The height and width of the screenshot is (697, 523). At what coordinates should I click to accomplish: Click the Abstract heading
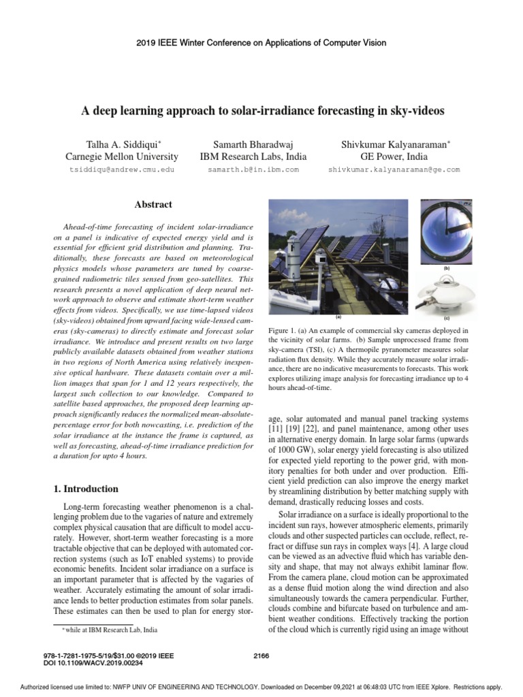point(153,204)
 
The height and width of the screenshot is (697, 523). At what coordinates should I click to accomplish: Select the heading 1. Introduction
point(86,489)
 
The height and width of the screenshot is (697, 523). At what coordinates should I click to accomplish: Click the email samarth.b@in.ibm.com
point(253,169)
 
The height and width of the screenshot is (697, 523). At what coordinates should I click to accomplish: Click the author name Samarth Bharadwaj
point(253,144)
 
